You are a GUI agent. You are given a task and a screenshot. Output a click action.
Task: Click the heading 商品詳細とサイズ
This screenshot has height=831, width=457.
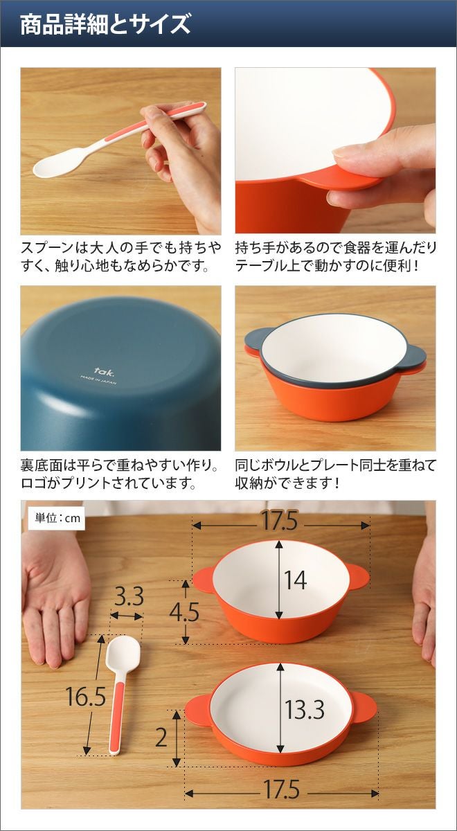105,24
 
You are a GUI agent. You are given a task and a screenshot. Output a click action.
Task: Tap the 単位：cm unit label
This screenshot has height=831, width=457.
57,518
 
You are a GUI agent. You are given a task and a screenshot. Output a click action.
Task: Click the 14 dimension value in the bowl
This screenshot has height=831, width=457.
295,580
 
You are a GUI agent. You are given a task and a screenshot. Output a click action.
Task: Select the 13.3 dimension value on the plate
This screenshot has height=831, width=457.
305,709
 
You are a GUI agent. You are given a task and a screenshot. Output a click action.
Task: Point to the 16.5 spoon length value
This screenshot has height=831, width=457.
86,697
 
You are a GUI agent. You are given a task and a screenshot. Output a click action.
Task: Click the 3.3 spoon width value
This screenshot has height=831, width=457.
129,597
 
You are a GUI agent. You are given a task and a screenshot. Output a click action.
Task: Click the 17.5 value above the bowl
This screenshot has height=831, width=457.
280,521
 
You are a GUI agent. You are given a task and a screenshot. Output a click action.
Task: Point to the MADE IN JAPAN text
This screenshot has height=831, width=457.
98,380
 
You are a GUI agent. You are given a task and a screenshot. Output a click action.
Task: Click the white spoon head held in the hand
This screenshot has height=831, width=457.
57,161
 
